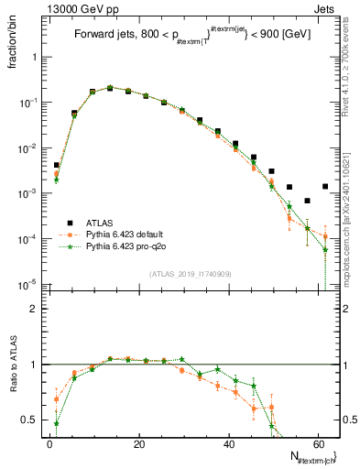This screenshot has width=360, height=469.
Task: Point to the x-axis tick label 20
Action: coord(138,445)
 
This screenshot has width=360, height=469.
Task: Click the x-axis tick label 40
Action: coord(227,445)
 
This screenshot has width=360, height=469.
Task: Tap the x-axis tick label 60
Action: coord(316,445)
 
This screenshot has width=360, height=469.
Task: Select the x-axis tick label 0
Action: coord(49,445)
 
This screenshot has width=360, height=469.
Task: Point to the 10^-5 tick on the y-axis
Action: coord(27,284)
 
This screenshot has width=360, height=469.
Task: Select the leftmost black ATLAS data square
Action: coord(56,165)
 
